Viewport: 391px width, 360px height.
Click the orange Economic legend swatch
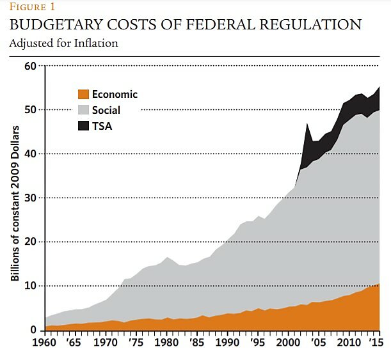83,95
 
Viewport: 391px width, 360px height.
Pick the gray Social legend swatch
83,110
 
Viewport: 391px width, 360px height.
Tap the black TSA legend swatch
83,126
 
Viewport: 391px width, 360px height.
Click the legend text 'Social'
106,110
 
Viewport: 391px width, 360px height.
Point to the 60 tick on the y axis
29,66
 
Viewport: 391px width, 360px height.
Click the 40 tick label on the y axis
29,154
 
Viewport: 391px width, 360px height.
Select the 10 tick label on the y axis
29,286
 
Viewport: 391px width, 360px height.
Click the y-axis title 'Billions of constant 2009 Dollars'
15,204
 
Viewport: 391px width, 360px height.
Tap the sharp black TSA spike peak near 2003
308,124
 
